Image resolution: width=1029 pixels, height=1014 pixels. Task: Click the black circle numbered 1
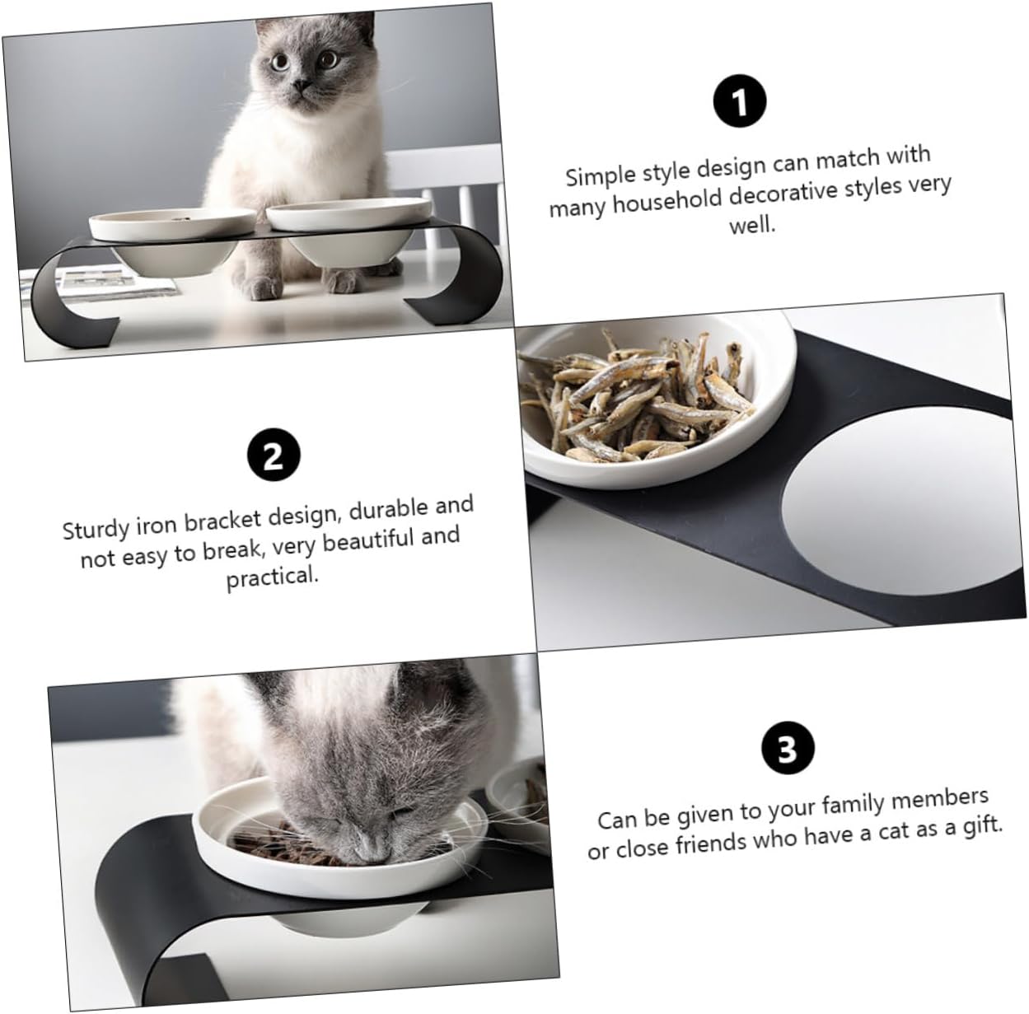740,102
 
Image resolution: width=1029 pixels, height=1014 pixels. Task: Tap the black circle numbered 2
273,455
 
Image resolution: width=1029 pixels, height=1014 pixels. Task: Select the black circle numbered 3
787,750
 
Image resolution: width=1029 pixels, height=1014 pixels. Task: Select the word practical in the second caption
272,577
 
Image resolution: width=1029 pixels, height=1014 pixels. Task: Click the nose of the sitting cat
304,85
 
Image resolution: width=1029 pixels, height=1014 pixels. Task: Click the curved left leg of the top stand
70,288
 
